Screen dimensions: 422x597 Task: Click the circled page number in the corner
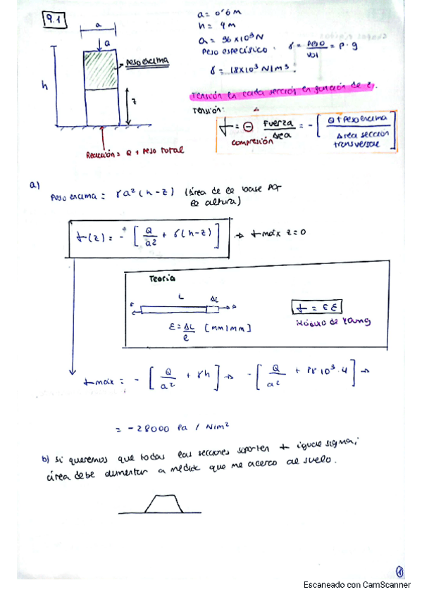399,572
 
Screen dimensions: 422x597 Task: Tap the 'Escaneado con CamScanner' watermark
357,585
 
